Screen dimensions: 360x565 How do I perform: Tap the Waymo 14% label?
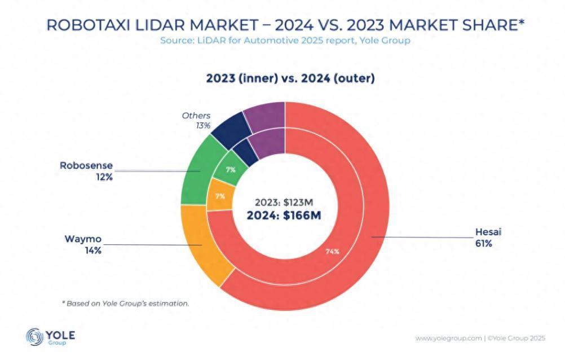pos(86,244)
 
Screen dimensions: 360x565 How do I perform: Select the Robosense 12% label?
pos(86,171)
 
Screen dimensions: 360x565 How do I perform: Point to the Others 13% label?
pos(196,120)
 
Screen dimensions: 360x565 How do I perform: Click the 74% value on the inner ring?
pos(332,251)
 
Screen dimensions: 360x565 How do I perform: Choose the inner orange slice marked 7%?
pos(219,196)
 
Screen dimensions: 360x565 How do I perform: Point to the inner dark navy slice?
pos(245,151)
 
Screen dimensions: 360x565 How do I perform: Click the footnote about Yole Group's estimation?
pos(125,303)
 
